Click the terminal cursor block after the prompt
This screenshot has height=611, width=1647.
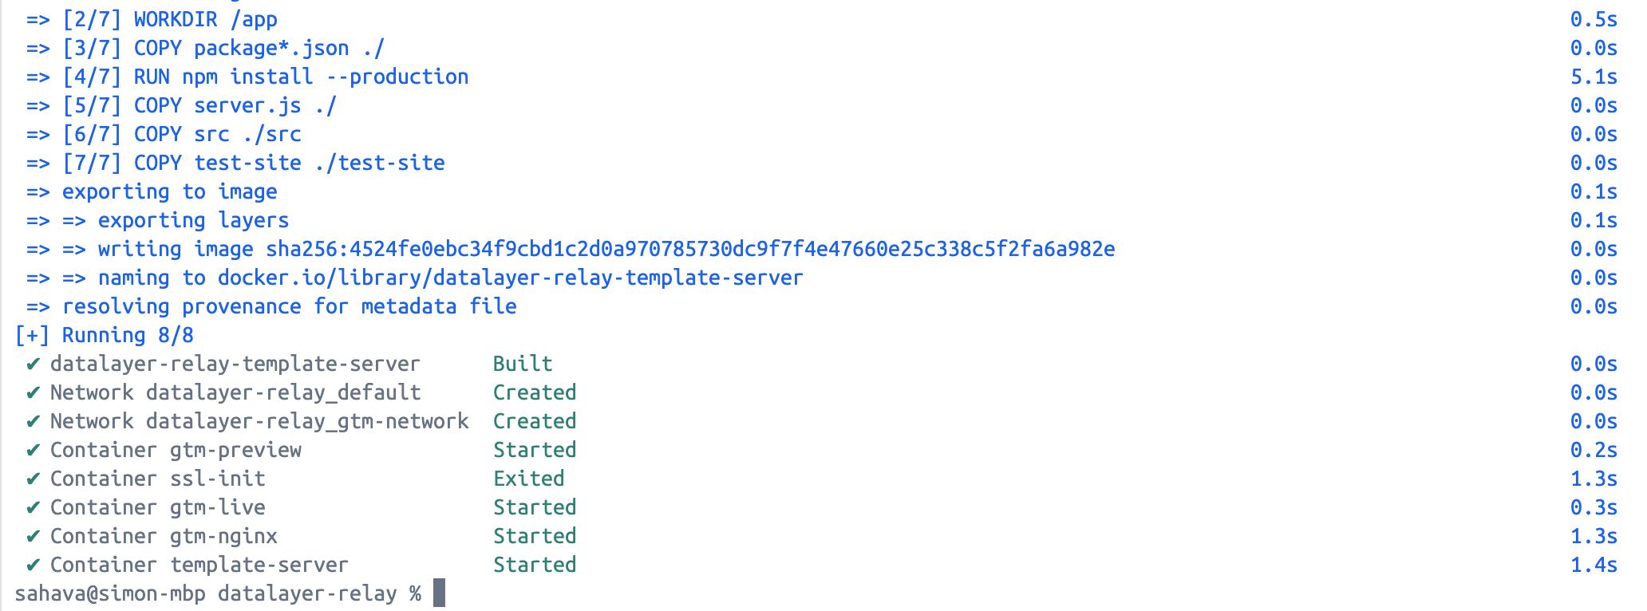pyautogui.click(x=439, y=593)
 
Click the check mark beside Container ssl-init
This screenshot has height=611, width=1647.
pyautogui.click(x=33, y=479)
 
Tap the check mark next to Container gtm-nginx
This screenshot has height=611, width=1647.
pyautogui.click(x=33, y=536)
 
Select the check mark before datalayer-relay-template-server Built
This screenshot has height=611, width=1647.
pyautogui.click(x=33, y=364)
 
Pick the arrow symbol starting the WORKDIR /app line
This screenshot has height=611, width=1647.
pyautogui.click(x=38, y=20)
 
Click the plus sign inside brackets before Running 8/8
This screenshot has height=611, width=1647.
pyautogui.click(x=33, y=336)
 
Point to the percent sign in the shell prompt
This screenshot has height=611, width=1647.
pyautogui.click(x=415, y=593)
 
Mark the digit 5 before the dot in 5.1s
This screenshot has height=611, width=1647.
pyautogui.click(x=1577, y=77)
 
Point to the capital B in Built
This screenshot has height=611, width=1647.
pyautogui.click(x=500, y=364)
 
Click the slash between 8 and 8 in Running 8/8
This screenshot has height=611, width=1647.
pyautogui.click(x=176, y=335)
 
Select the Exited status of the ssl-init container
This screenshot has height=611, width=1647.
pyautogui.click(x=528, y=479)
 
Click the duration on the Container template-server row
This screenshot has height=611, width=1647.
pyautogui.click(x=1594, y=565)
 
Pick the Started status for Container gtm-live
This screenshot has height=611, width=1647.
pyautogui.click(x=535, y=507)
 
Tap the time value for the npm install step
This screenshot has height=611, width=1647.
pyautogui.click(x=1594, y=77)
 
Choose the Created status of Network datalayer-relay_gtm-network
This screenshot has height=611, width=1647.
pyautogui.click(x=535, y=421)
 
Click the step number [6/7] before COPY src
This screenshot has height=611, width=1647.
pyautogui.click(x=92, y=134)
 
